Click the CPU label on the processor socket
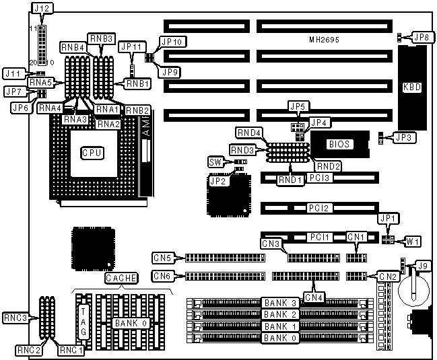click(x=92, y=153)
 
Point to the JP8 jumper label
click(x=422, y=38)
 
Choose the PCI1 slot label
click(x=317, y=238)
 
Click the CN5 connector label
click(x=162, y=257)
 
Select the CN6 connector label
click(x=162, y=275)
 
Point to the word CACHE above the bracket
click(x=121, y=278)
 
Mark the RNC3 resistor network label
click(x=15, y=318)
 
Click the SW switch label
click(x=215, y=162)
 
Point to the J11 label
click(x=13, y=72)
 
